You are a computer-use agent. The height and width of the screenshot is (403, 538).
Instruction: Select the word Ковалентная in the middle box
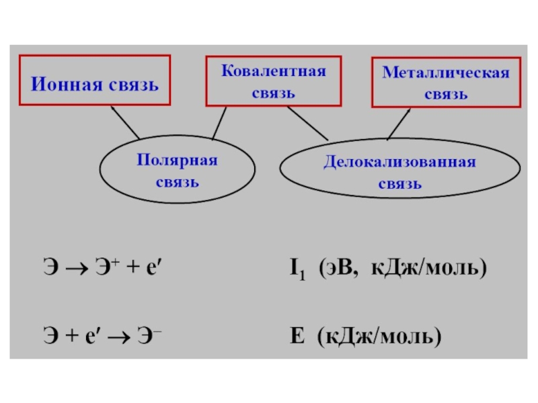[274, 71]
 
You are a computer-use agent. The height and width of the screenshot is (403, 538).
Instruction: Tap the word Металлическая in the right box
[446, 73]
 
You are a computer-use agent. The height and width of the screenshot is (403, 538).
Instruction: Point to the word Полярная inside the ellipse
[177, 160]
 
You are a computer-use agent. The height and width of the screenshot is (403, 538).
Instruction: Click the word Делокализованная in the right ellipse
[399, 162]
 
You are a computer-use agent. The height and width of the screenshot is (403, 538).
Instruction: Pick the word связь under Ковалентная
[274, 93]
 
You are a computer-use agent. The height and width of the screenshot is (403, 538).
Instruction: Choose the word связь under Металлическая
[446, 95]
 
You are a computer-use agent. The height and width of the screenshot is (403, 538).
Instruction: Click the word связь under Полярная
[178, 182]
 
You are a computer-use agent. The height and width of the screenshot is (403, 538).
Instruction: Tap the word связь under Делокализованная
[400, 184]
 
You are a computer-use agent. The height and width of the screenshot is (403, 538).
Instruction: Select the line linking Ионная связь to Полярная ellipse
[125, 123]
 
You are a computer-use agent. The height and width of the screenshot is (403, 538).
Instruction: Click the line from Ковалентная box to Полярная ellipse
[220, 123]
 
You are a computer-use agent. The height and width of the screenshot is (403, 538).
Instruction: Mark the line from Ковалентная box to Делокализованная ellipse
[308, 124]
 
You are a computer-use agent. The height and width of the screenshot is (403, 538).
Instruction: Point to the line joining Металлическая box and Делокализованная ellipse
[399, 124]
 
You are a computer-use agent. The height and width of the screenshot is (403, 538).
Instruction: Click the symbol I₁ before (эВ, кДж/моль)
[297, 269]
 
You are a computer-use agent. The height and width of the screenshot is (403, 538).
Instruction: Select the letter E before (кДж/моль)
[297, 335]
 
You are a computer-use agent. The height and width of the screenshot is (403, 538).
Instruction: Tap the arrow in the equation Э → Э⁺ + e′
[77, 269]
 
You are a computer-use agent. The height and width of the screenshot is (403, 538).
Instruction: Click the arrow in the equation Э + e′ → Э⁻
[119, 337]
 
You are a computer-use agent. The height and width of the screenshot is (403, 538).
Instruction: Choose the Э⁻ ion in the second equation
[149, 335]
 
